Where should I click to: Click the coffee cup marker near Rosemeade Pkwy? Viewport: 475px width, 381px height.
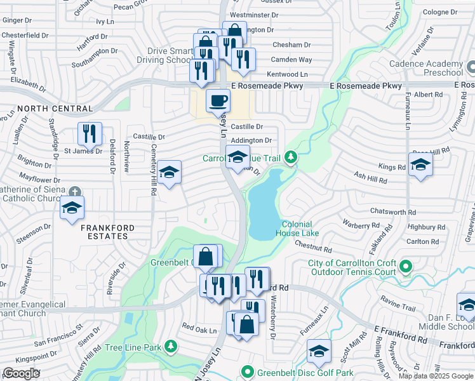pyautogui.click(x=218, y=101)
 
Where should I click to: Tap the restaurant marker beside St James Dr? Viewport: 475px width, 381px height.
pyautogui.click(x=90, y=134)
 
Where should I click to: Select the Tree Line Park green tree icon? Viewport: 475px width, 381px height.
pyautogui.click(x=170, y=347)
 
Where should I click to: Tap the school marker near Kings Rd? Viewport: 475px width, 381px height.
pyautogui.click(x=420, y=167)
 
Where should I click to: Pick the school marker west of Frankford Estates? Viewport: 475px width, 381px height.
pyautogui.click(x=72, y=208)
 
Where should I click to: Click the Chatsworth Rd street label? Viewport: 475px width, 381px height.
pyautogui.click(x=394, y=213)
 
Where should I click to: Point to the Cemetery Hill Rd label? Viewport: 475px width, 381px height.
pyautogui.click(x=153, y=177)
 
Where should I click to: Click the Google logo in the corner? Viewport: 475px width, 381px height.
pyautogui.click(x=22, y=373)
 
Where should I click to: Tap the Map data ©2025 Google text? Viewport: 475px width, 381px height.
pyautogui.click(x=435, y=376)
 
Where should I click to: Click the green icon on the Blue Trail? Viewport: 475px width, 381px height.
pyautogui.click(x=291, y=156)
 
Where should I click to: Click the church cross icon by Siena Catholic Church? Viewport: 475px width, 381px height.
pyautogui.click(x=75, y=191)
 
